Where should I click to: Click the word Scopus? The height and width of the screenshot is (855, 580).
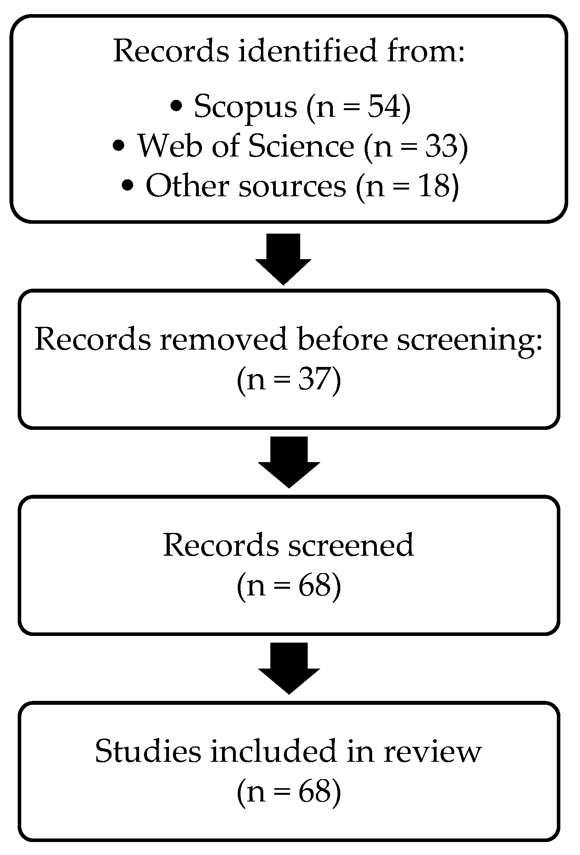pyautogui.click(x=246, y=107)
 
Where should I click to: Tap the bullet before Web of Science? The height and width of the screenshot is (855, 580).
pyautogui.click(x=119, y=146)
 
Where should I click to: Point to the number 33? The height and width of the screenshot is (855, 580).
pyautogui.click(x=441, y=146)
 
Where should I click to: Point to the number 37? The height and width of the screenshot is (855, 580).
pyautogui.click(x=312, y=380)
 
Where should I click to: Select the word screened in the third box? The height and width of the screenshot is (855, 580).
pyautogui.click(x=351, y=545)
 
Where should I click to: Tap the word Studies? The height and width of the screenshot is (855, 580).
pyautogui.click(x=148, y=752)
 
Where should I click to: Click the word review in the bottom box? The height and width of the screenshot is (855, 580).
pyautogui.click(x=432, y=752)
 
